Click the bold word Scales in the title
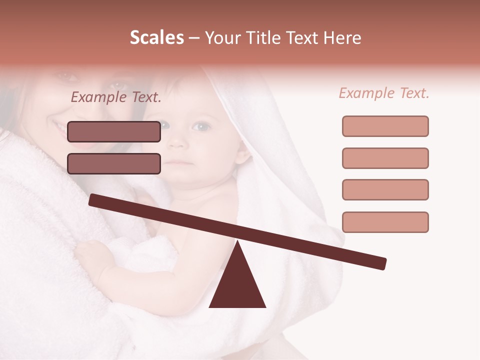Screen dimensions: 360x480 (156, 38)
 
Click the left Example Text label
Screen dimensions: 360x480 (116, 97)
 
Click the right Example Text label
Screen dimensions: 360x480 (384, 93)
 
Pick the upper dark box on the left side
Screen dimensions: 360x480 (114, 131)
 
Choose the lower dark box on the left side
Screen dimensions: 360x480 (114, 163)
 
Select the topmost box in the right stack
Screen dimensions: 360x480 (385, 126)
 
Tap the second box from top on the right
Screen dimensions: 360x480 (385, 158)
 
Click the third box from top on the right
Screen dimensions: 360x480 (385, 189)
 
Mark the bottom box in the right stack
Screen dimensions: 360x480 (385, 222)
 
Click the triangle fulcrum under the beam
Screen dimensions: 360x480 (237, 285)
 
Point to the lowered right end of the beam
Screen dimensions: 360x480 (382, 263)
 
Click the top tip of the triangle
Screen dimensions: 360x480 (237, 242)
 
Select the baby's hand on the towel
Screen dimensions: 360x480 (90, 255)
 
